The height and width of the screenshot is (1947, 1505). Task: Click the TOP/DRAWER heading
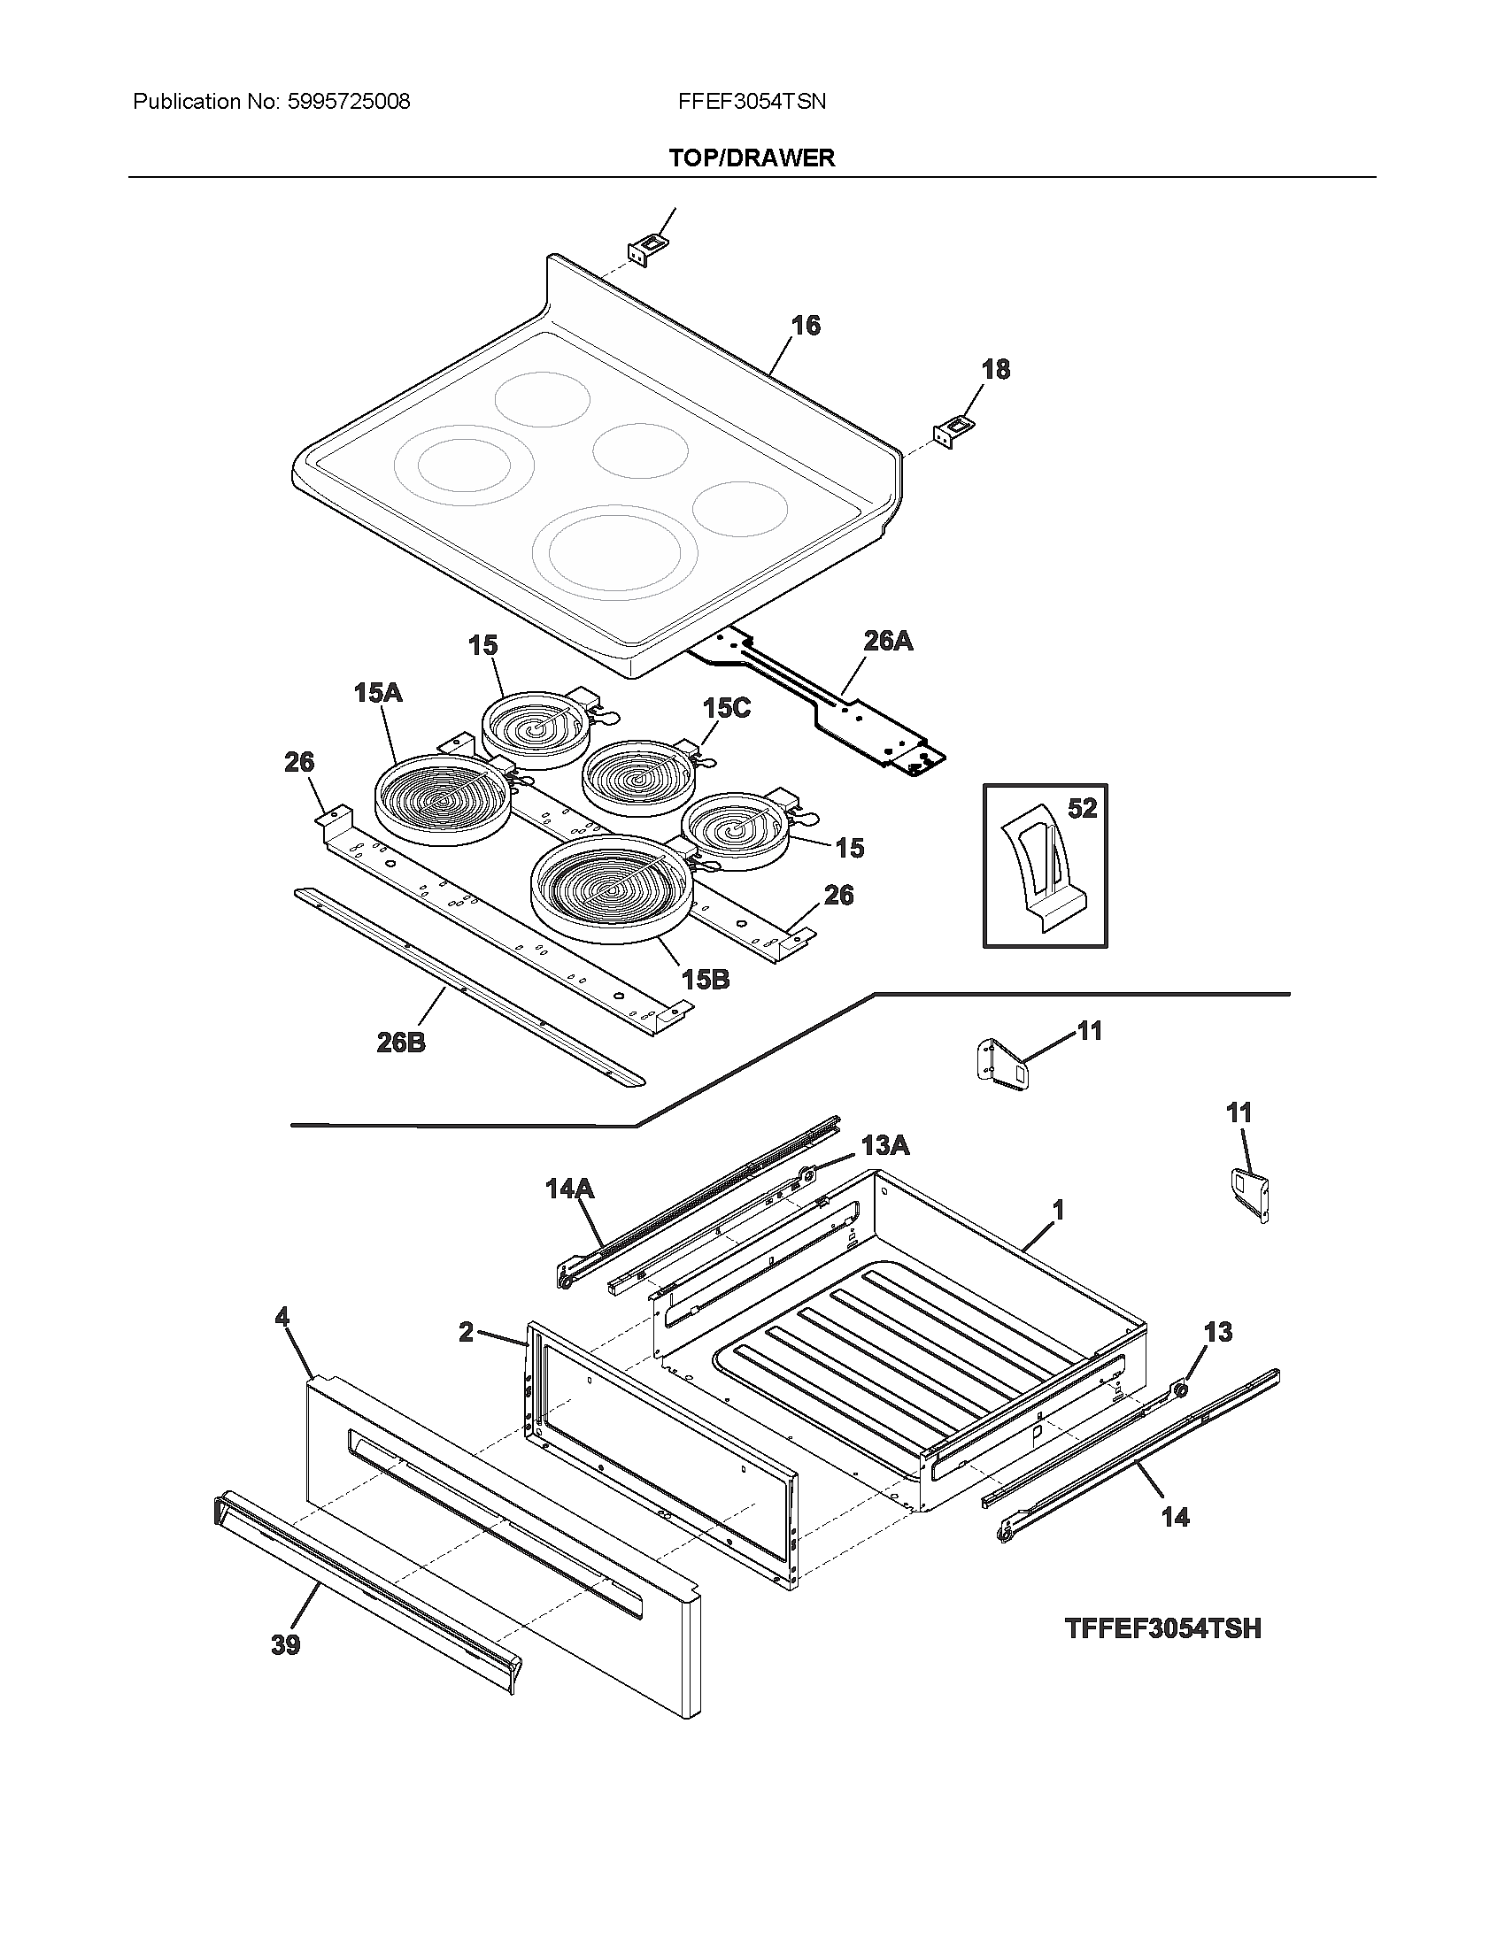pyautogui.click(x=752, y=158)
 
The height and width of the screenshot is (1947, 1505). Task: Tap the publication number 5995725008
pyautogui.click(x=349, y=102)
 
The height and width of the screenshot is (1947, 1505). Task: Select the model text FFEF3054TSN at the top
pyautogui.click(x=752, y=102)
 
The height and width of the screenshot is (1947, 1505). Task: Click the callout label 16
pyautogui.click(x=805, y=326)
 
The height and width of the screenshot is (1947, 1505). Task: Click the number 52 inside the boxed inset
pyautogui.click(x=1082, y=809)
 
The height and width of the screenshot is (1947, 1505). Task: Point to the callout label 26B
pyautogui.click(x=400, y=1042)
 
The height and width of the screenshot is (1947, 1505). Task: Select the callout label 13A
pyautogui.click(x=884, y=1145)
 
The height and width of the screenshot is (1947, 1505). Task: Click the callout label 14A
pyautogui.click(x=569, y=1189)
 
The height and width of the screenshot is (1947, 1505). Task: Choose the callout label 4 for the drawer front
pyautogui.click(x=282, y=1316)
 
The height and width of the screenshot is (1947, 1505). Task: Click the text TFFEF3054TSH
pyautogui.click(x=1162, y=1628)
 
